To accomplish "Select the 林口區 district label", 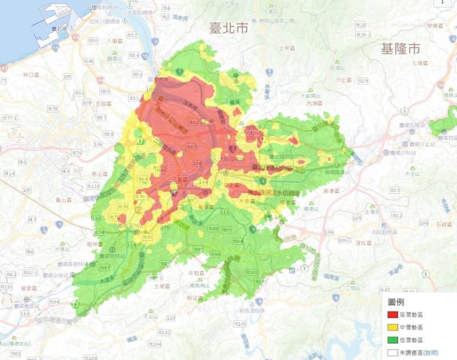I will [x=30, y=75].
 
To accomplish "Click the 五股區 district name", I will [x=104, y=103].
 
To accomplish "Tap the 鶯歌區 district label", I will [x=28, y=289].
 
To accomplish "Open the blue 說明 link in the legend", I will [x=431, y=353].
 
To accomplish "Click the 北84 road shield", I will [x=54, y=302].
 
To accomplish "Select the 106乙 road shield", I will [x=346, y=239].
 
